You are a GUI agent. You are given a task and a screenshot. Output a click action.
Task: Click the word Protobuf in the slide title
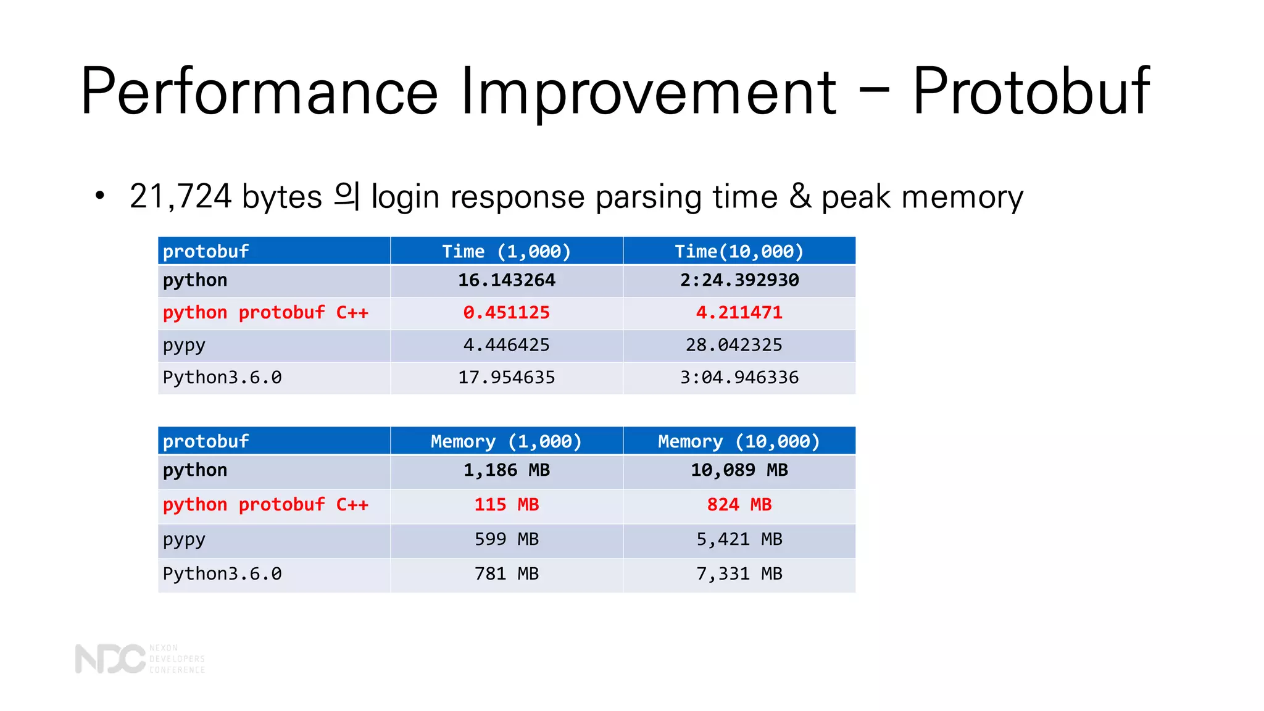pos(1031,91)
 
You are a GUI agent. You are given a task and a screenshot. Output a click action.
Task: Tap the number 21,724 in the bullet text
pos(180,197)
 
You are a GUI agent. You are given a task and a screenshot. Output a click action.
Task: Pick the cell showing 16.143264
pos(506,280)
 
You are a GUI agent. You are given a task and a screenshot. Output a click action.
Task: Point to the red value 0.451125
pos(506,312)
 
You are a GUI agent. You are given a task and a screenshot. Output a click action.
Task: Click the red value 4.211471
pos(739,312)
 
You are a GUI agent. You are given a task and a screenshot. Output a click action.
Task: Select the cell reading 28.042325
pos(733,345)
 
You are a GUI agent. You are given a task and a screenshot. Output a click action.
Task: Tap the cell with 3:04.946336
pos(739,377)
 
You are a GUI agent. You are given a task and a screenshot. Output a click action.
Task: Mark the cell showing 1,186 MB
pos(506,470)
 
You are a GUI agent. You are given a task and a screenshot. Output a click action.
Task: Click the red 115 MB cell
pos(506,505)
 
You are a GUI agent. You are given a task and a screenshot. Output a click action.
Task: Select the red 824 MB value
pos(739,505)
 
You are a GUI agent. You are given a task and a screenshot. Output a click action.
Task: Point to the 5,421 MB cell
pos(739,539)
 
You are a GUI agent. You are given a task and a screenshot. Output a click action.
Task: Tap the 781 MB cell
pos(506,574)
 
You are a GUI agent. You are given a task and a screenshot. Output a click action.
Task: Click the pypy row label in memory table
pos(184,540)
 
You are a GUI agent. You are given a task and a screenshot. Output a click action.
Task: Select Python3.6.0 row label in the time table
pos(222,377)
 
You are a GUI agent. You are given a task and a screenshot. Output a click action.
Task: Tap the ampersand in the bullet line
pos(800,197)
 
